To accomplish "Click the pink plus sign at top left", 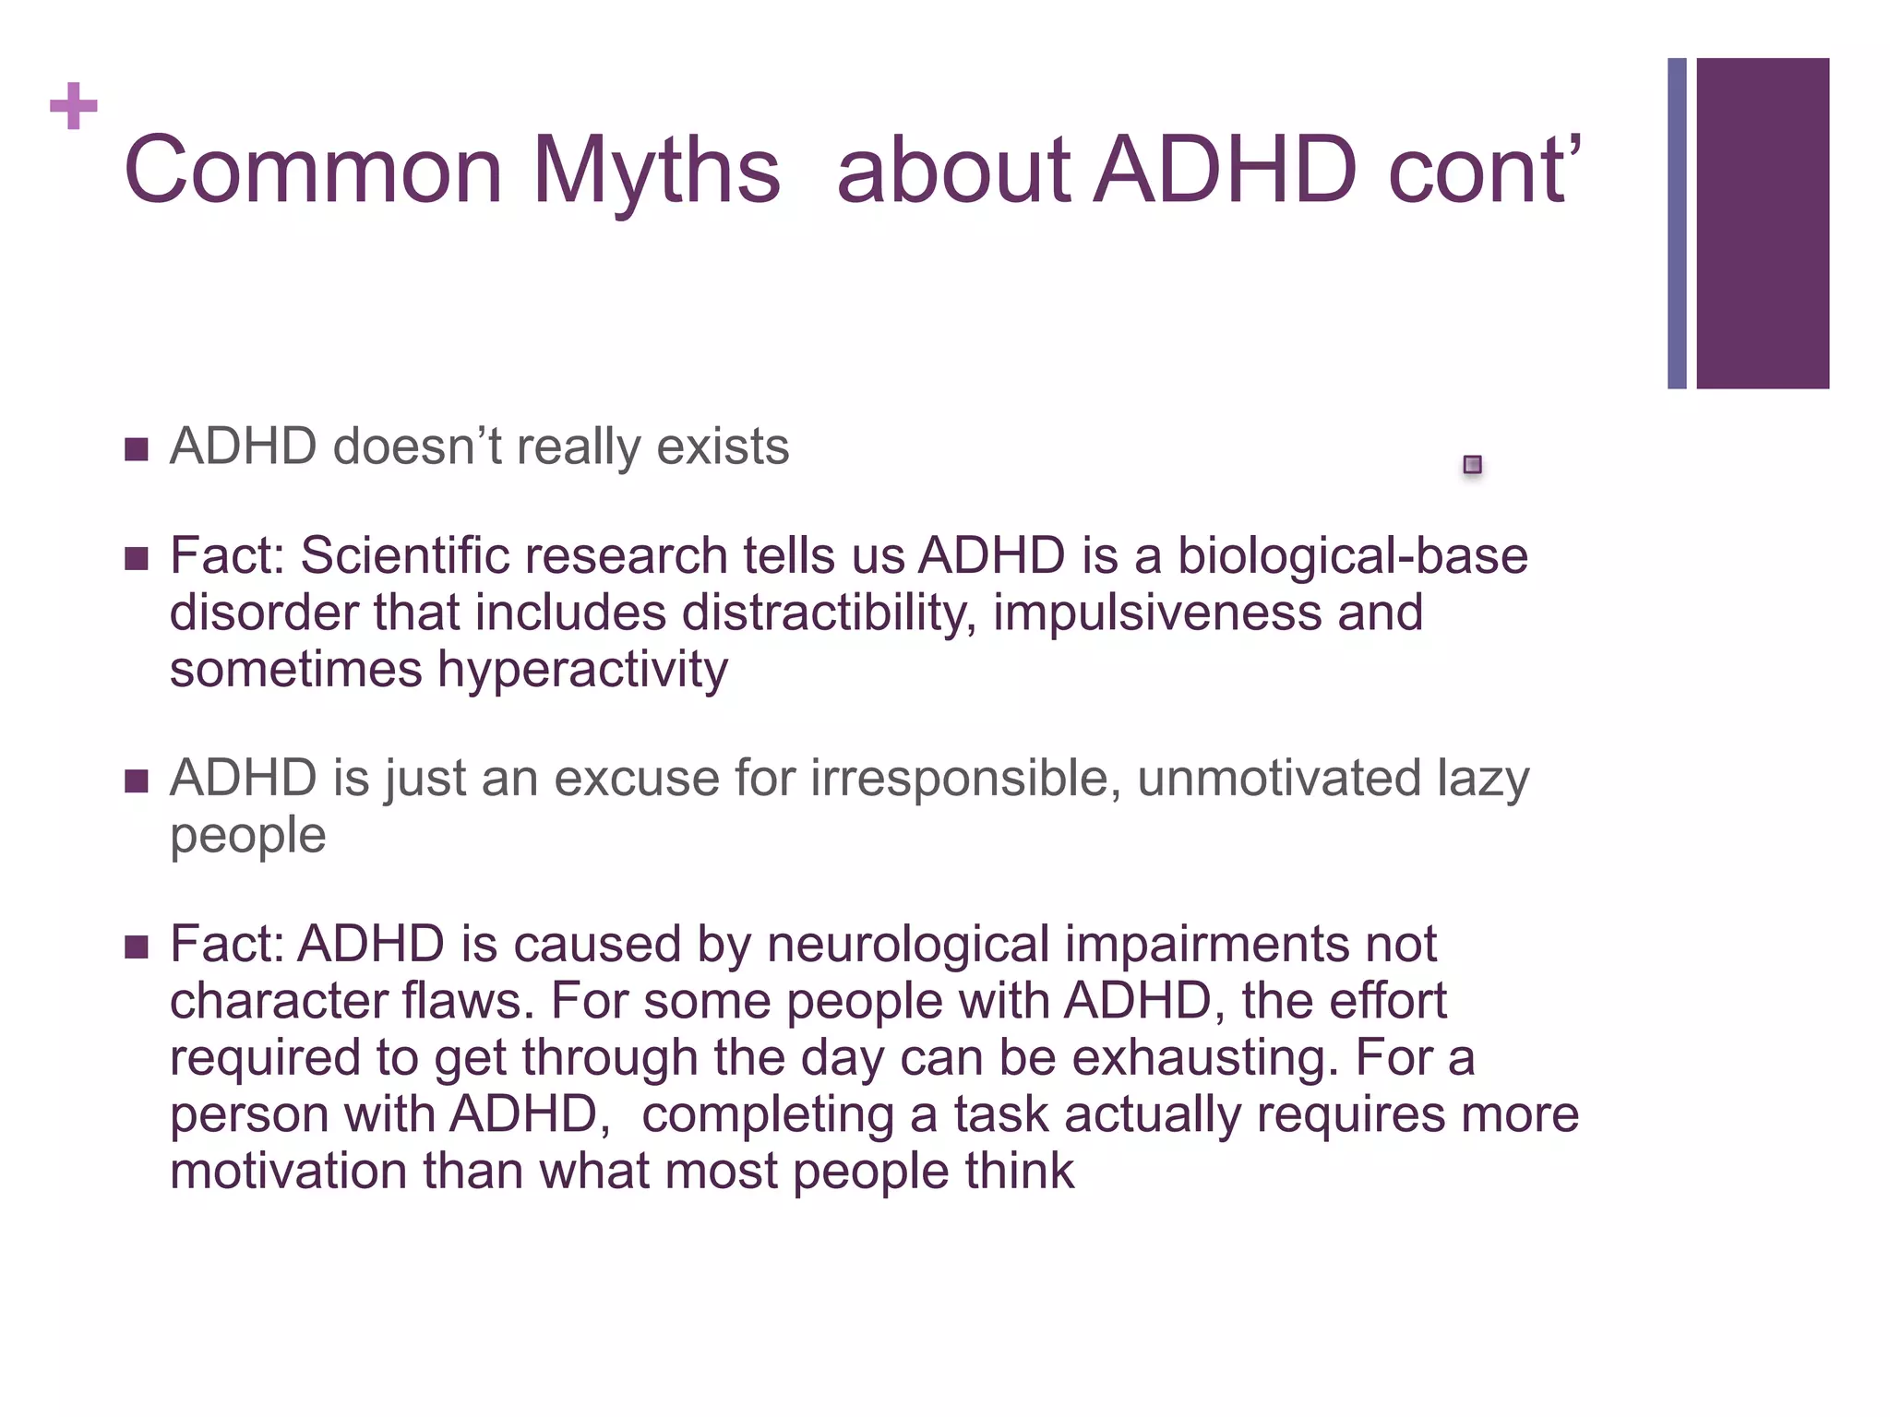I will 74,106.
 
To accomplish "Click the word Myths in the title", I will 656,171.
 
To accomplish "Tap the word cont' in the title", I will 1485,171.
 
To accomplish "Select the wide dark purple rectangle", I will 1762,223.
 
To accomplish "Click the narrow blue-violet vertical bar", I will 1677,223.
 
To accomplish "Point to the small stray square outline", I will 1472,464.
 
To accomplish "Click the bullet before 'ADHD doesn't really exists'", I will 137,450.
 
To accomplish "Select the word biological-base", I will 1352,556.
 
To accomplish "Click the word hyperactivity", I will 582,671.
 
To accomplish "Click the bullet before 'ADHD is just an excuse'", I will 137,782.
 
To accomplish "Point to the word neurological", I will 908,945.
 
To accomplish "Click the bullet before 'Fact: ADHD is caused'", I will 137,947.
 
